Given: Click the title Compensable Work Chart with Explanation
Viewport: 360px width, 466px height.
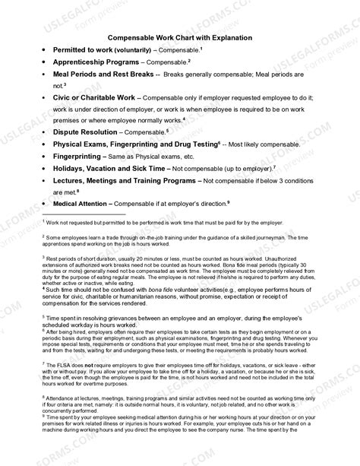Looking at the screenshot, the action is [x=179, y=36].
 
